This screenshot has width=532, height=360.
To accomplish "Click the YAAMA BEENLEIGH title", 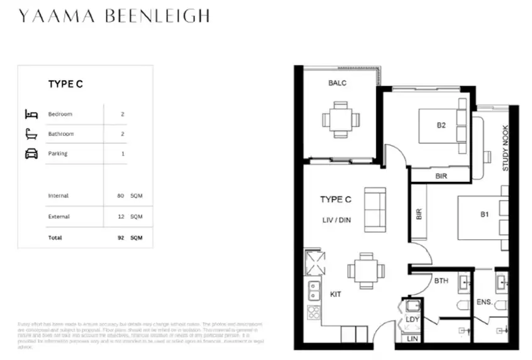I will [114, 16].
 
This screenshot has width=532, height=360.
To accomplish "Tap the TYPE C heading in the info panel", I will [66, 84].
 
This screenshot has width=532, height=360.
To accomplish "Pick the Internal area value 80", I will [121, 196].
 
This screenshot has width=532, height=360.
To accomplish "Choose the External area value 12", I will [121, 217].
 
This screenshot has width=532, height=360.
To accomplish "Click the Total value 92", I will [121, 239].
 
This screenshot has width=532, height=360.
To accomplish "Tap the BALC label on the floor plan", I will [337, 82].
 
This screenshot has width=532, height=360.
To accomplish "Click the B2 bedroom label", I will [441, 125].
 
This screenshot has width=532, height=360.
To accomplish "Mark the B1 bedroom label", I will [485, 214].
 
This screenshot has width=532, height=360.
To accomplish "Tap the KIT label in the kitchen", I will [335, 294].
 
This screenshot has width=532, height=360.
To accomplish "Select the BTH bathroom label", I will [441, 281].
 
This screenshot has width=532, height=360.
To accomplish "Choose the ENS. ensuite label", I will [484, 302].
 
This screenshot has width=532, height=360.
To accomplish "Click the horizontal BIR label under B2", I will [441, 176].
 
